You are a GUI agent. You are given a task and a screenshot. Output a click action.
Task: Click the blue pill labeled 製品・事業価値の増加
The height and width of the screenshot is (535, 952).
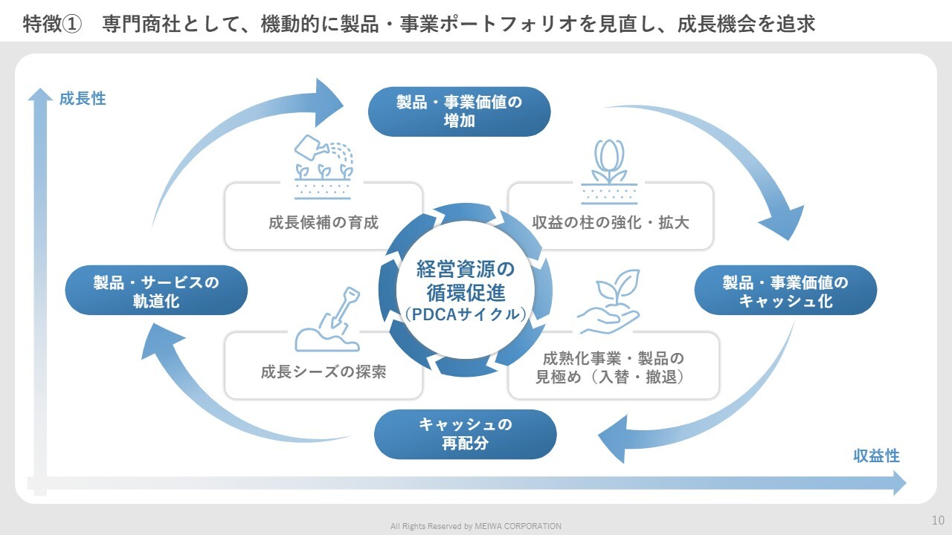tap(459, 111)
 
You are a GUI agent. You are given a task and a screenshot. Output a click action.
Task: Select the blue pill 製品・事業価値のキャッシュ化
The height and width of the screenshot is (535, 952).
tap(785, 291)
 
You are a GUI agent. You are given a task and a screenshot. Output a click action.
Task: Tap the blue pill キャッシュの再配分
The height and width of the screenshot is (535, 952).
tap(465, 434)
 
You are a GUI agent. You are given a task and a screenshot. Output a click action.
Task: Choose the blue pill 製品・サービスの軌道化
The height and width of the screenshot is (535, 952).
tap(156, 291)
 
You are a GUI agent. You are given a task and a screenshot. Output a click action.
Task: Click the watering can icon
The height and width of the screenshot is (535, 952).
tap(324, 158)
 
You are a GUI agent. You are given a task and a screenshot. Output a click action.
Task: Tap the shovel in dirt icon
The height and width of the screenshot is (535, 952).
tap(328, 320)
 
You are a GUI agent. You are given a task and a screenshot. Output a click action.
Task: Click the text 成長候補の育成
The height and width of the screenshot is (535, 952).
tap(324, 222)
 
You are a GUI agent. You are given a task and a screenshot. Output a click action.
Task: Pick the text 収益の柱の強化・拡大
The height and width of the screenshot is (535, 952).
tap(611, 222)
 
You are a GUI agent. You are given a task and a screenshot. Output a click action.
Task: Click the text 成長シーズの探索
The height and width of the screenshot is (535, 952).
tap(324, 372)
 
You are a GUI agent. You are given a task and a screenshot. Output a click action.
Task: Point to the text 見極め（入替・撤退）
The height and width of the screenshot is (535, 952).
tap(610, 377)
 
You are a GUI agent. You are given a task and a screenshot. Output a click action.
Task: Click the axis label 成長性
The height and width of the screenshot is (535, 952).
tap(83, 98)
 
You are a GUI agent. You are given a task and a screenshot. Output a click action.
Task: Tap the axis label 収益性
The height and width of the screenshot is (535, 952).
tap(876, 456)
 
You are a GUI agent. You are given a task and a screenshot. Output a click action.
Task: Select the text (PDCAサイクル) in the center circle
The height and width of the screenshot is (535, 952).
tap(466, 314)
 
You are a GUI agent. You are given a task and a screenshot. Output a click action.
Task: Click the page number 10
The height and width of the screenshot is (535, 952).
tap(938, 519)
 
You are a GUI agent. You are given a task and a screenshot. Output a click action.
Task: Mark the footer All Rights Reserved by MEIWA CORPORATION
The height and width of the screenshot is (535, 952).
tap(476, 526)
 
